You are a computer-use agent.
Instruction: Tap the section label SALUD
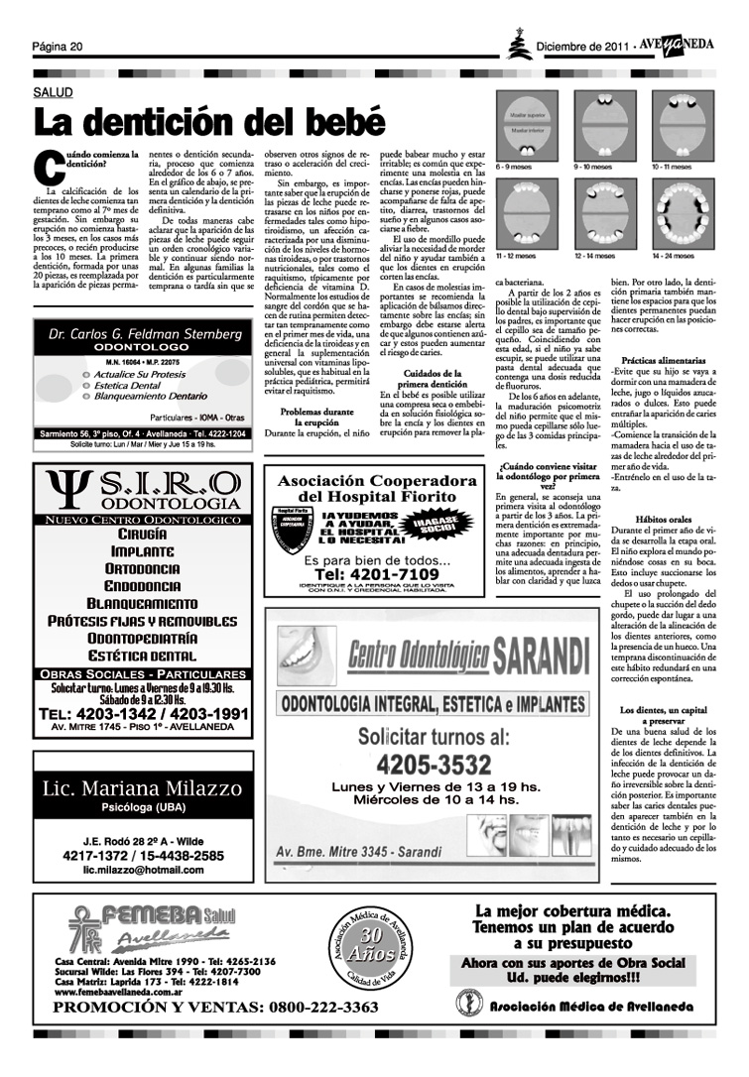54,91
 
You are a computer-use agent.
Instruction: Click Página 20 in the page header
57,47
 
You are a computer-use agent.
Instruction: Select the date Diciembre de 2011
582,47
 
